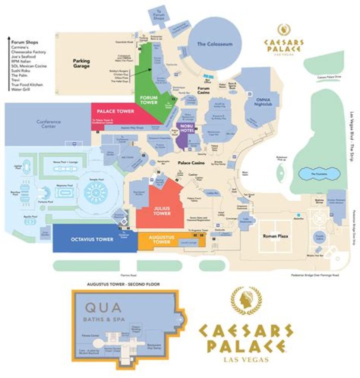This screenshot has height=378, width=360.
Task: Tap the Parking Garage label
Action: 81,64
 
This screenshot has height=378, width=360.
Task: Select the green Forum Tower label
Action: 149,100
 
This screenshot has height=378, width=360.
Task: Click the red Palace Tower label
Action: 115,111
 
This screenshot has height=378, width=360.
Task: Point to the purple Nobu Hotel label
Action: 186,128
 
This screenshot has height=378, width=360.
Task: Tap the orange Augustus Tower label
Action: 159,241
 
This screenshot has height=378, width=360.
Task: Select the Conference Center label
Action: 48,124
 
